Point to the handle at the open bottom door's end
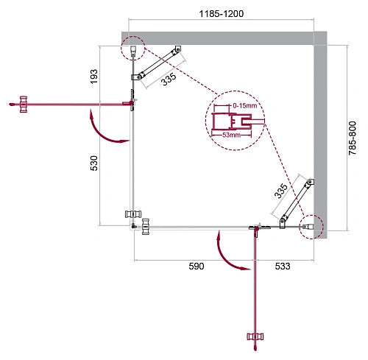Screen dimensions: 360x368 [256, 338]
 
